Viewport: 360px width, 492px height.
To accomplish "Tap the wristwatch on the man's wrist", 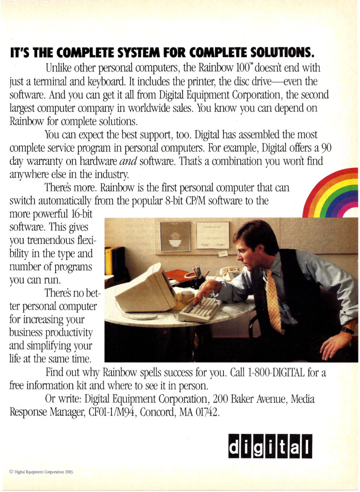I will click(347, 330).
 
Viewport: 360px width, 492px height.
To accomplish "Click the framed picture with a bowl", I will click(175, 236).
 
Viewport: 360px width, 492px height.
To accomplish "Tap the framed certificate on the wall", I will click(212, 235).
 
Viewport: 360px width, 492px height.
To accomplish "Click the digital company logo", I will click(270, 446).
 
